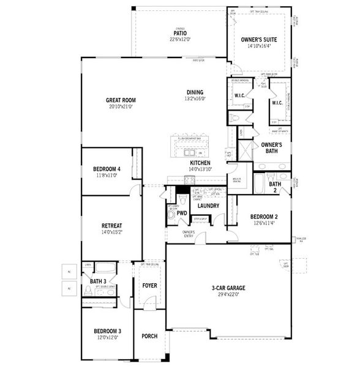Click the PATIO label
[179, 33]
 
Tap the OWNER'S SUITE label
[259, 39]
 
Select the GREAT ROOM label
[120, 100]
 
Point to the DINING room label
[195, 92]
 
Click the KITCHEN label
[200, 163]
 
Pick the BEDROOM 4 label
[107, 169]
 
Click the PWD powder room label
[182, 213]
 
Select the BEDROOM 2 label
[264, 217]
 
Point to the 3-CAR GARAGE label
[228, 288]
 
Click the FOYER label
[149, 285]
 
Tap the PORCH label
[149, 336]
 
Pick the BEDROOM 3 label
[107, 332]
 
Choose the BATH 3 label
[98, 281]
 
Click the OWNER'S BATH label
[271, 147]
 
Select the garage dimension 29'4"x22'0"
[228, 295]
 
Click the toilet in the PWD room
[172, 215]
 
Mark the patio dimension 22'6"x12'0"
[179, 40]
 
